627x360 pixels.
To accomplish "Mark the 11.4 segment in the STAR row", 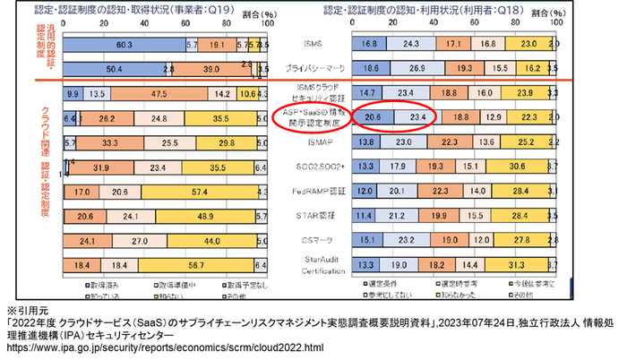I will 365,216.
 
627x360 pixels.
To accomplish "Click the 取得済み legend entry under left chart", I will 93,285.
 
